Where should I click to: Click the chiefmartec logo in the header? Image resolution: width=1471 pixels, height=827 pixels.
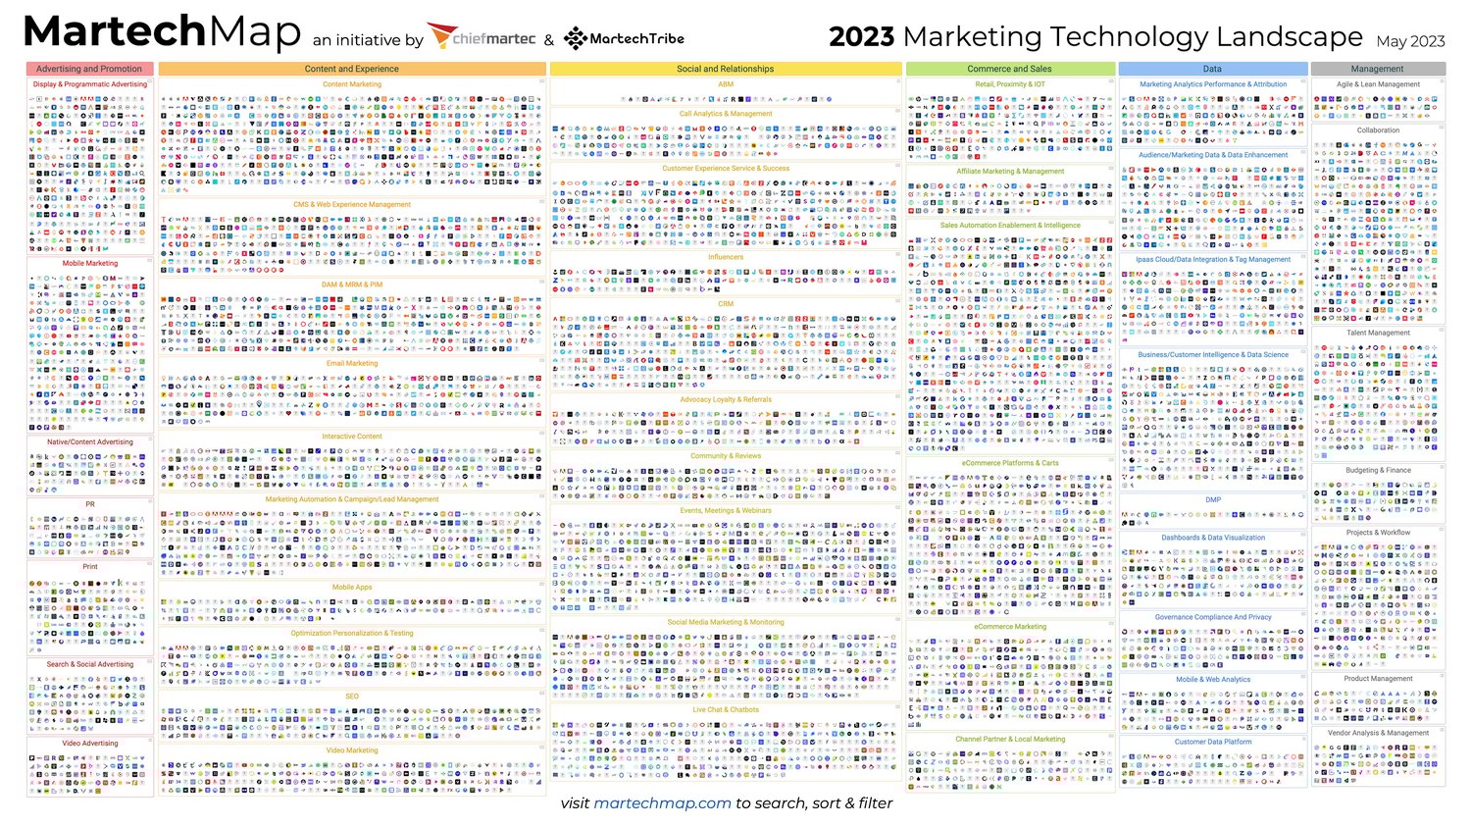482,38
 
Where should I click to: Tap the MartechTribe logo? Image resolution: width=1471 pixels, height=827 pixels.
624,38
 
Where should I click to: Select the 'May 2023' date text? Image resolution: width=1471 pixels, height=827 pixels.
1410,41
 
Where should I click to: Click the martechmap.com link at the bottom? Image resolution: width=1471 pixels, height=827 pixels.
662,802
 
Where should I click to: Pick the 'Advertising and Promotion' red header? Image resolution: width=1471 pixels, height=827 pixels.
89,69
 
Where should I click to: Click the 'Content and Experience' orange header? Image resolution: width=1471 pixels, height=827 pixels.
351,69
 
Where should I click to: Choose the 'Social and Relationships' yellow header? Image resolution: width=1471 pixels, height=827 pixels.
725,69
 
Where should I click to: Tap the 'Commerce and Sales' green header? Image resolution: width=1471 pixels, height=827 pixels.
1009,69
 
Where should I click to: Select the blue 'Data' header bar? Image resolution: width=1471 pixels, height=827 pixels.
1212,69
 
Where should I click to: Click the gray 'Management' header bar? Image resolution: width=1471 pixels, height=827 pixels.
1377,69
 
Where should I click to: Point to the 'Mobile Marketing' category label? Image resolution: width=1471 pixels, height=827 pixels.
90,263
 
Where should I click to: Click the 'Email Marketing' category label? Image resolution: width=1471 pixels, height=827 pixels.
351,363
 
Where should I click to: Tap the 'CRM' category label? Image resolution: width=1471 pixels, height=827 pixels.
726,304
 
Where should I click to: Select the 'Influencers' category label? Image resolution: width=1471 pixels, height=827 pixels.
726,257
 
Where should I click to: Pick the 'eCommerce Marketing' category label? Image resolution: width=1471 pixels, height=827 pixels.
1010,626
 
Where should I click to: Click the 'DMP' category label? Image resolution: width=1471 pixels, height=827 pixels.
1213,499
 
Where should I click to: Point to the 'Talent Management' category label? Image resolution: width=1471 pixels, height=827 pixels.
1378,333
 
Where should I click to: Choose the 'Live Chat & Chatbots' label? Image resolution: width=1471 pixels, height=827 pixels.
726,709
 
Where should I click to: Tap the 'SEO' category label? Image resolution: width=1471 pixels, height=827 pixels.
352,697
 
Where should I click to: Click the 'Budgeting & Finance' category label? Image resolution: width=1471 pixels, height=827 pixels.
1378,470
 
